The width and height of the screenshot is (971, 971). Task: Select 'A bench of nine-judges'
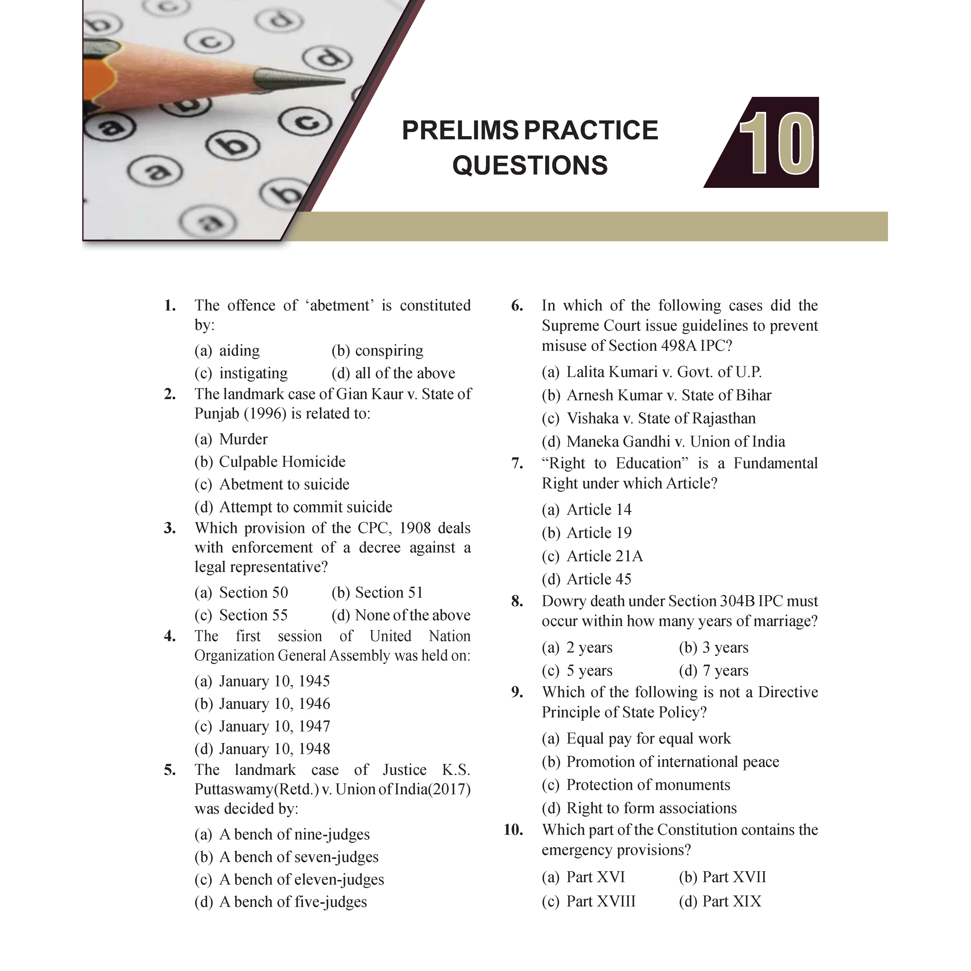295,834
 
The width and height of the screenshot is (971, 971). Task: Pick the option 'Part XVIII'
601,901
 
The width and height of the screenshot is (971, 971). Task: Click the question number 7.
517,464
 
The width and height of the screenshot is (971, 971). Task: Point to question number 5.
170,770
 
